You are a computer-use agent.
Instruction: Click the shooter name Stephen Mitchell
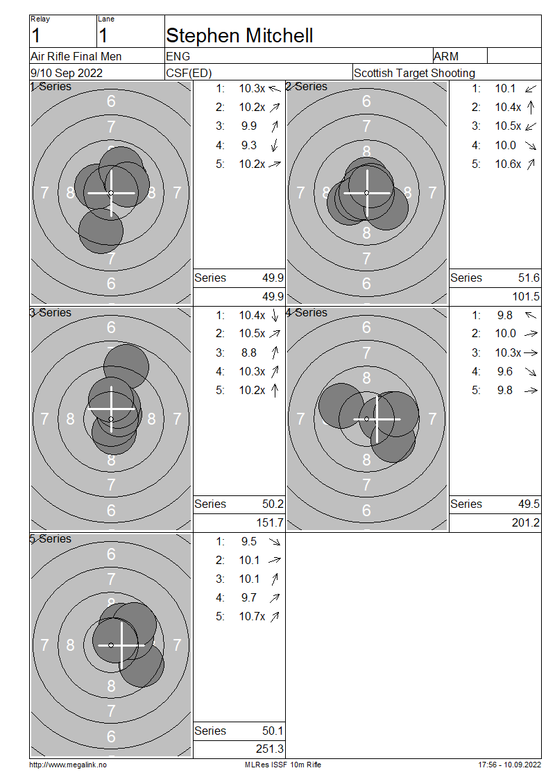pos(239,35)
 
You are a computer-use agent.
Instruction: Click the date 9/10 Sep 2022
pos(67,73)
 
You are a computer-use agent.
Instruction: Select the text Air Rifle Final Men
pos(76,56)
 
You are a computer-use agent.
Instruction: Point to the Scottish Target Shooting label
pos(414,73)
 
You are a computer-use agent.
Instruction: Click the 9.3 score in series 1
pos(249,145)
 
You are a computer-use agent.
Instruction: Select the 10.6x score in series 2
pos(508,164)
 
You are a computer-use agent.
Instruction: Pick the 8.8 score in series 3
pos(249,352)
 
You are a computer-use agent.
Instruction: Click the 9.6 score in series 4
pos(505,371)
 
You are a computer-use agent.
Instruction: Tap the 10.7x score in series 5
pos(252,617)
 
